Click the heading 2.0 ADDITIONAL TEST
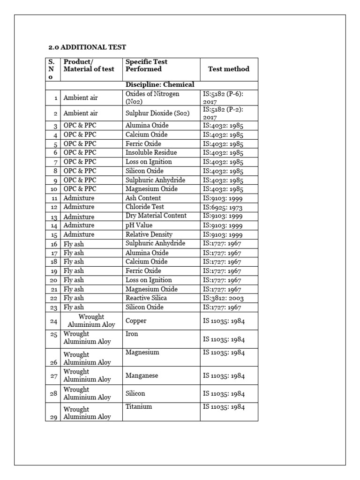pyautogui.click(x=88, y=47)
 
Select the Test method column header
pyautogui.click(x=228, y=69)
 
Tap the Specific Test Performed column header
pyautogui.click(x=146, y=65)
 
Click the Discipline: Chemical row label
pyautogui.click(x=159, y=85)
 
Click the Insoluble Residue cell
pyautogui.click(x=151, y=153)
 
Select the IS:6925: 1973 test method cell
pyautogui.click(x=223, y=207)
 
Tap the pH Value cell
pyautogui.click(x=139, y=225)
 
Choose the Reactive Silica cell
pyautogui.click(x=146, y=298)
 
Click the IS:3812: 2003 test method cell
pyautogui.click(x=223, y=298)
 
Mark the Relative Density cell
pyautogui.click(x=149, y=234)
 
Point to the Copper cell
pyautogui.click(x=136, y=321)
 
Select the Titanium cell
pyautogui.click(x=139, y=407)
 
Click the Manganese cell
pyautogui.click(x=142, y=376)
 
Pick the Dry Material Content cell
pyautogui.click(x=156, y=216)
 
